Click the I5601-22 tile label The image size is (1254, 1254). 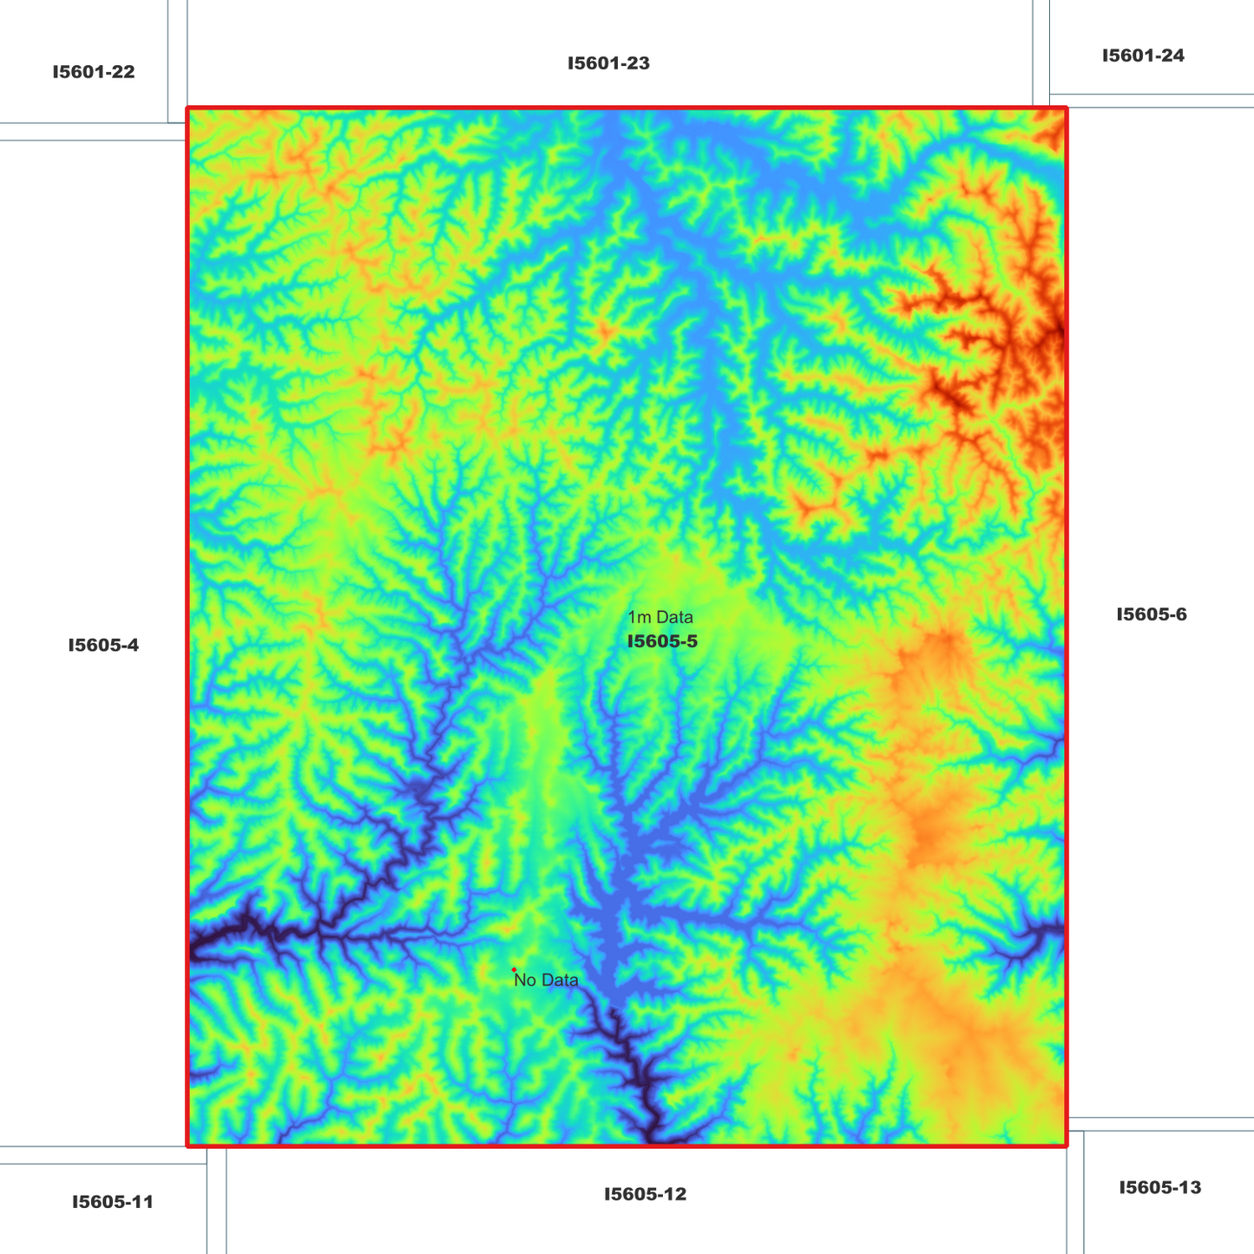coord(94,72)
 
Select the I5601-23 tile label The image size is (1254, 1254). coord(608,63)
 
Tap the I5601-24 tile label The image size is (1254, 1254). coord(1143,56)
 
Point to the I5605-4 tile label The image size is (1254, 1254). coord(103,645)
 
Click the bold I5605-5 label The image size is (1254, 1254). coord(662,642)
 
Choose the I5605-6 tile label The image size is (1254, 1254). coord(1151,614)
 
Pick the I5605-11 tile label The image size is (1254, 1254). coord(113,1202)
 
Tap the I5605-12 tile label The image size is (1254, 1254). coord(645,1194)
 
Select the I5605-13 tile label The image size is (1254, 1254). coord(1159,1187)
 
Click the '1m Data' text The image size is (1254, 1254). coord(660,618)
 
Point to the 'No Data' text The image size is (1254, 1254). coord(546,981)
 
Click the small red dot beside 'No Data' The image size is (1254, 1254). coord(514,970)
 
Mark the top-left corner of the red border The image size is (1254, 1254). coord(187,108)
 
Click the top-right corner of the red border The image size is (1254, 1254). coord(1067,108)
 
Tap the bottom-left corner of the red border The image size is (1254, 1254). coord(187,1146)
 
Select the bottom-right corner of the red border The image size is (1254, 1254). coord(1067,1146)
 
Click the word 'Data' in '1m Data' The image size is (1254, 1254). coord(674,618)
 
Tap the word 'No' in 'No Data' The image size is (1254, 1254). coord(525,981)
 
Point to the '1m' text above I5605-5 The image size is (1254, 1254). coord(640,618)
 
